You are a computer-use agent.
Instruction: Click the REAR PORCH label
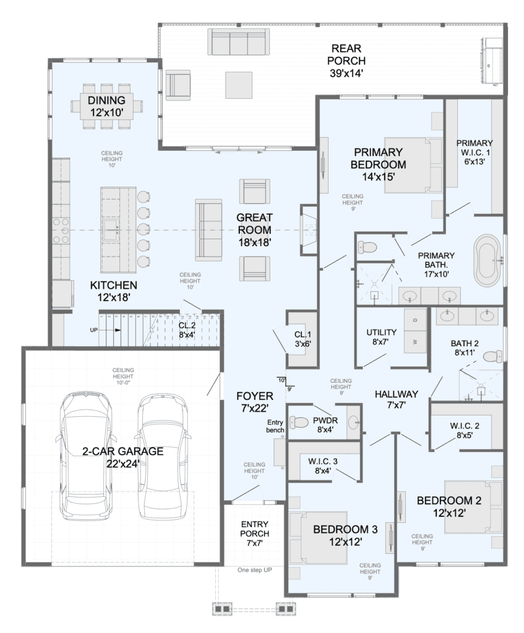point(346,61)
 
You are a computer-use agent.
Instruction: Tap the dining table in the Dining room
point(106,106)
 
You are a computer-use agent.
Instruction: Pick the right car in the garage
point(163,456)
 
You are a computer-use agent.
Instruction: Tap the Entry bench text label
point(275,427)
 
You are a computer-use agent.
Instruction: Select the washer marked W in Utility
point(415,342)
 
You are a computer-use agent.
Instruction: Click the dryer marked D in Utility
point(415,319)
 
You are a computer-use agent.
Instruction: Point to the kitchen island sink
point(111,230)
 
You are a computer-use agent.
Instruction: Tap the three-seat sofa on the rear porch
point(238,41)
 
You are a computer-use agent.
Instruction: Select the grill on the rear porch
point(491,61)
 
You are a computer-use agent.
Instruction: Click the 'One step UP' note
point(254,570)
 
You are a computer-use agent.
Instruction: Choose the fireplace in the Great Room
point(309,230)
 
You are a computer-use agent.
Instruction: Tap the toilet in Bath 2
point(492,357)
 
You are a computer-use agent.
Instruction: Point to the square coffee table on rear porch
point(239,85)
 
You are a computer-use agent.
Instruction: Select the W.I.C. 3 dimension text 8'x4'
point(323,470)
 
